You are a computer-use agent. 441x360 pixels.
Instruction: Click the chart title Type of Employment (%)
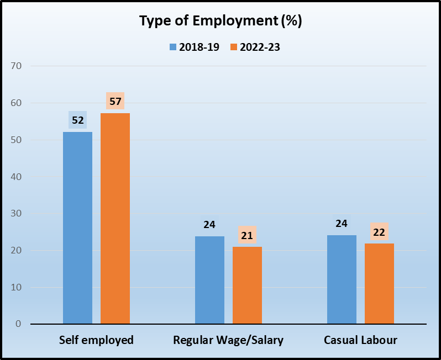(x=221, y=21)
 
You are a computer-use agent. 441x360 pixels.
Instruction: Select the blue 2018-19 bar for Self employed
(x=77, y=227)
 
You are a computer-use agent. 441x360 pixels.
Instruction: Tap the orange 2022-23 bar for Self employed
(x=115, y=218)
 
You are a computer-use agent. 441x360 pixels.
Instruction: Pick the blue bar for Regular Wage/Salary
(x=209, y=280)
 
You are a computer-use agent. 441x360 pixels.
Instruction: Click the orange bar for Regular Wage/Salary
(x=247, y=285)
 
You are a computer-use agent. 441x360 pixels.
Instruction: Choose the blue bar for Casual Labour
(x=342, y=279)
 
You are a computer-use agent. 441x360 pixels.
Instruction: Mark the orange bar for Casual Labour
(x=379, y=283)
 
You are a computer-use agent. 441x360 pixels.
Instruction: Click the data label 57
(x=115, y=101)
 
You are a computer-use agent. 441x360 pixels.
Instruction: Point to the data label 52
(x=77, y=120)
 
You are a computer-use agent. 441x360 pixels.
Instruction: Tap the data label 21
(x=247, y=235)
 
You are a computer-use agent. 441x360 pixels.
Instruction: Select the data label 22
(x=379, y=232)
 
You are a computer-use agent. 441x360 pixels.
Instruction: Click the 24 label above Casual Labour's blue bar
(x=342, y=224)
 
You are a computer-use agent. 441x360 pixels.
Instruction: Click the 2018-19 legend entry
(x=195, y=47)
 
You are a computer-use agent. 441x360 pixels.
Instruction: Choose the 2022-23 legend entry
(x=255, y=47)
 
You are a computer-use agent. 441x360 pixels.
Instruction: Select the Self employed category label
(x=96, y=340)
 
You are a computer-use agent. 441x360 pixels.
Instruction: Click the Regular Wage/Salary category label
(x=228, y=340)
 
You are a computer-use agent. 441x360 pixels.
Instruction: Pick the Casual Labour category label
(x=360, y=340)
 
